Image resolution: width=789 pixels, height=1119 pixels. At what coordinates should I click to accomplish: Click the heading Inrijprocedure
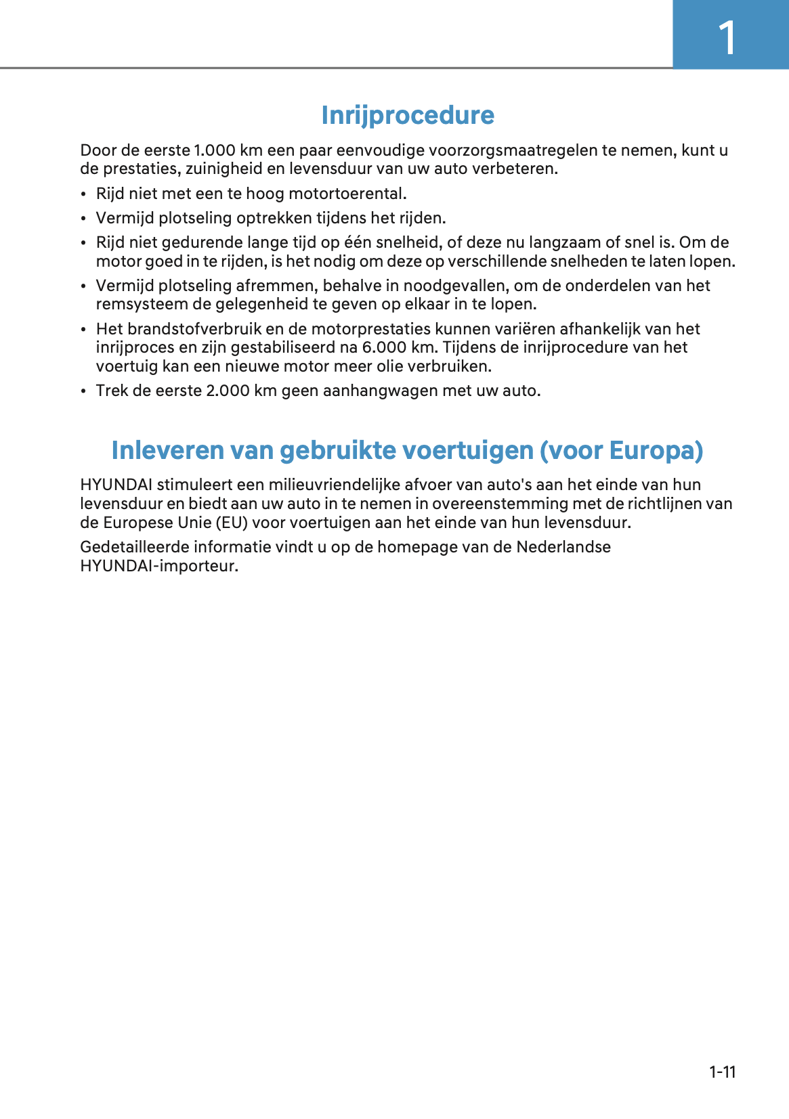pyautogui.click(x=408, y=116)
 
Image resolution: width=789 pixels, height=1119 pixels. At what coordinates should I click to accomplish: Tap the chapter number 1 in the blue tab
pyautogui.click(x=727, y=38)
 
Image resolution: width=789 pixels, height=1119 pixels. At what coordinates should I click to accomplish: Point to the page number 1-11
pyautogui.click(x=722, y=1072)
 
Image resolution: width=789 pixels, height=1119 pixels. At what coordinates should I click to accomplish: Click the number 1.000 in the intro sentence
pyautogui.click(x=215, y=150)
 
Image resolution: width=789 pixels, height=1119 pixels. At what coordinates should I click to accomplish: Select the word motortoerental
pyautogui.click(x=347, y=194)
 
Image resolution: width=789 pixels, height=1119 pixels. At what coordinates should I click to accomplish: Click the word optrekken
pyautogui.click(x=274, y=218)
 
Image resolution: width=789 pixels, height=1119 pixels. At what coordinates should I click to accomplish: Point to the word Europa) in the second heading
pyautogui.click(x=656, y=451)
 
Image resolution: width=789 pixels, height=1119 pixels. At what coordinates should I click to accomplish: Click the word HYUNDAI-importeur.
pyautogui.click(x=159, y=566)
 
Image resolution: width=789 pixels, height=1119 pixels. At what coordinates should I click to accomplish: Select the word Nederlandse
pyautogui.click(x=563, y=547)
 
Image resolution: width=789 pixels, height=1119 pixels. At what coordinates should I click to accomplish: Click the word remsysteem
pyautogui.click(x=142, y=305)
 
